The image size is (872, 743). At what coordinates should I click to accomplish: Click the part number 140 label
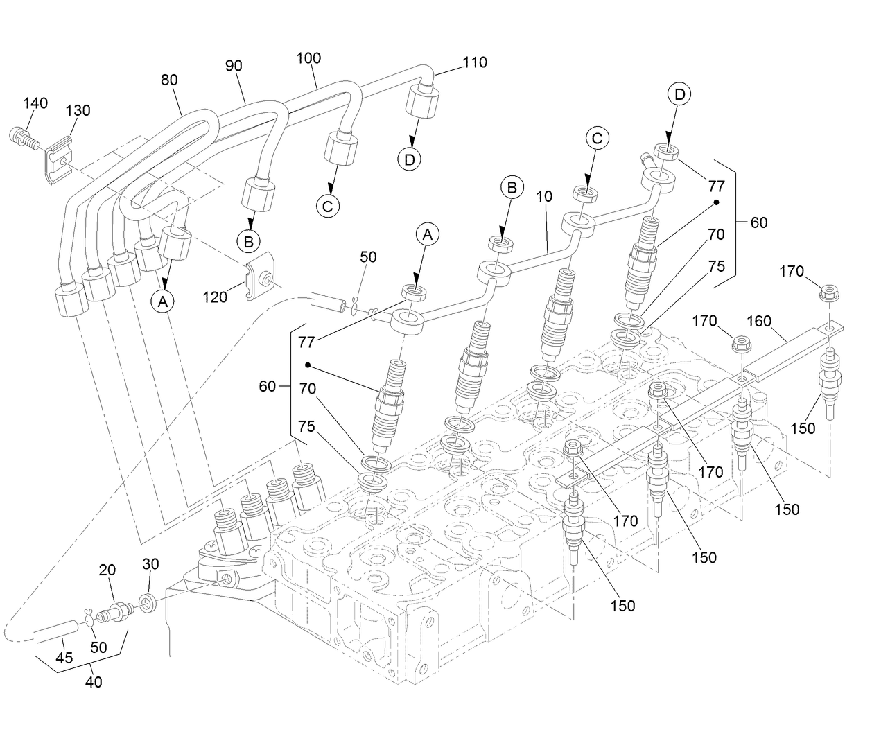[35, 103]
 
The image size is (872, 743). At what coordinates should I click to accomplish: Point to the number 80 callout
[169, 80]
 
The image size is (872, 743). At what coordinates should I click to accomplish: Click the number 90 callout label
[234, 67]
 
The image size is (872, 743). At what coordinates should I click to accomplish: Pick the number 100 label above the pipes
[308, 58]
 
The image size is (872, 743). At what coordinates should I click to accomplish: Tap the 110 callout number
[475, 62]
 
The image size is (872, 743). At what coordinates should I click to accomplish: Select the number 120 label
[214, 297]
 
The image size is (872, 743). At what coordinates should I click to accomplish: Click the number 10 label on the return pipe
[544, 196]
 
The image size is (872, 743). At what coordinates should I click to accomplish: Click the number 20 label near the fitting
[107, 570]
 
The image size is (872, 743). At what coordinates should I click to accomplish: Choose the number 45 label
[64, 658]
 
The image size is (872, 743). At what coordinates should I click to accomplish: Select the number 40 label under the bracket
[94, 682]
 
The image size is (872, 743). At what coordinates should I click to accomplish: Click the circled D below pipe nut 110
[410, 159]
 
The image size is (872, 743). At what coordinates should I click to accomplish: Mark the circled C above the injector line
[597, 138]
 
